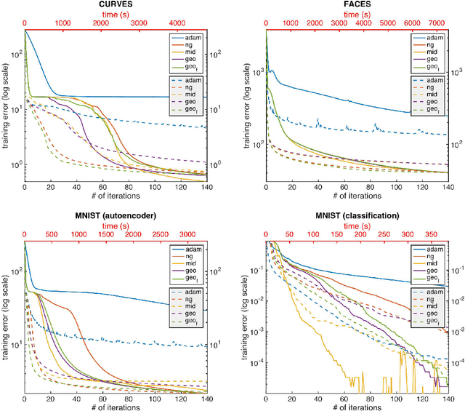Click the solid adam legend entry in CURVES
[x=189, y=36]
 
